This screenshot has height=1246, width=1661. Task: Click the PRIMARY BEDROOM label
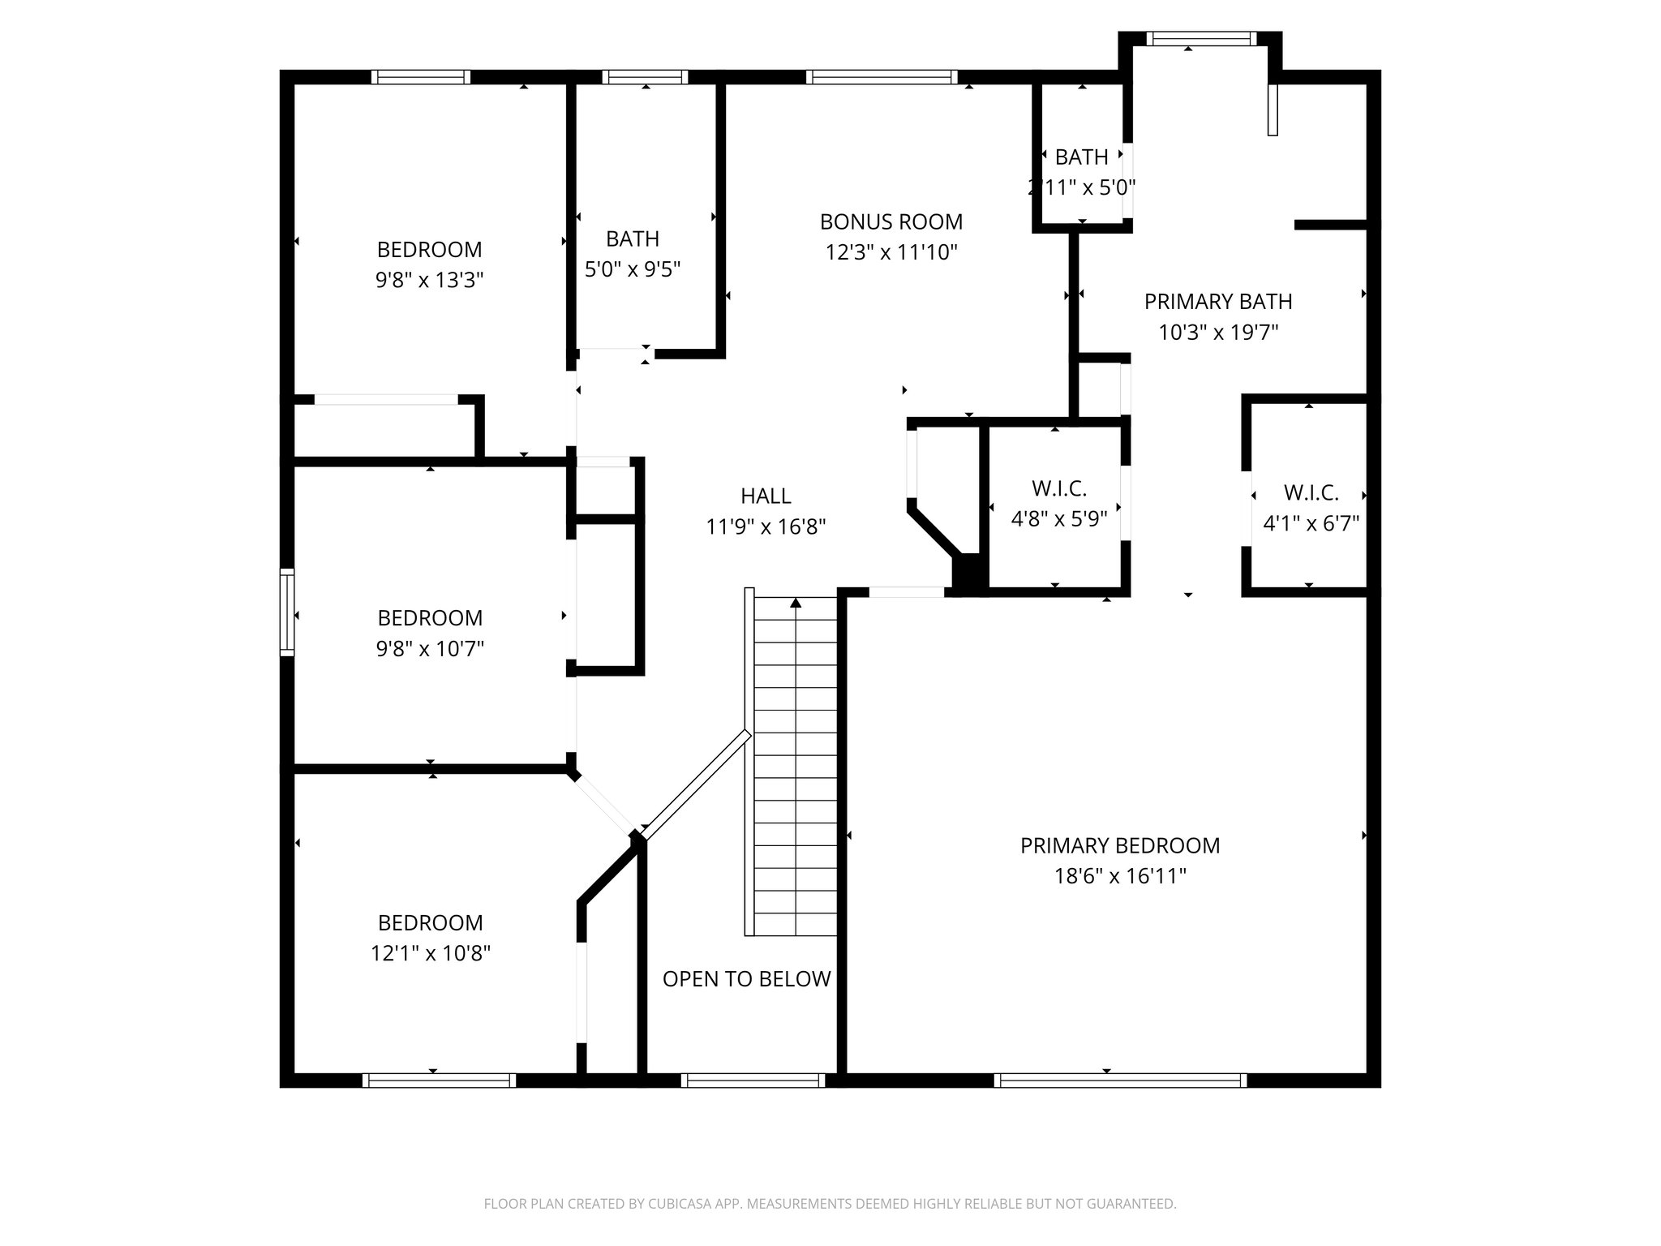click(x=1119, y=845)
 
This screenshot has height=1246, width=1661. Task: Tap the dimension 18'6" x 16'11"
click(x=1119, y=876)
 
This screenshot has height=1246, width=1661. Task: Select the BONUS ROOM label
click(x=891, y=221)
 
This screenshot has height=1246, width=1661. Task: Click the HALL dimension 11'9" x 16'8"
click(x=766, y=527)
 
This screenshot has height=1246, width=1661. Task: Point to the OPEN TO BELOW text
click(x=746, y=979)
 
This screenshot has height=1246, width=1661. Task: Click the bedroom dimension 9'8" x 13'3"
click(x=429, y=281)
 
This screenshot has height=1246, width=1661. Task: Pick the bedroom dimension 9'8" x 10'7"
click(x=429, y=649)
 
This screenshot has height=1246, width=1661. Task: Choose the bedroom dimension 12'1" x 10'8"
click(x=430, y=953)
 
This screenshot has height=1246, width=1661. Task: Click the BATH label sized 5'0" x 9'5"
click(x=632, y=238)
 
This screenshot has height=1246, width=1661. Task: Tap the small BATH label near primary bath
click(x=1081, y=157)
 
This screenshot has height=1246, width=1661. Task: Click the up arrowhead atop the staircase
click(x=796, y=603)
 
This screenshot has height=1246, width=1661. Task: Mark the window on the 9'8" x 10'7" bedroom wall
click(x=286, y=612)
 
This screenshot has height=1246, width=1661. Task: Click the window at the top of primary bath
click(x=1201, y=38)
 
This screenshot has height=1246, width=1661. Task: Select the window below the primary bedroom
click(x=1119, y=1080)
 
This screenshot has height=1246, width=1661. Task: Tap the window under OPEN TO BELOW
click(x=753, y=1080)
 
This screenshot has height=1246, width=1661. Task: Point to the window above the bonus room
click(x=882, y=77)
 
